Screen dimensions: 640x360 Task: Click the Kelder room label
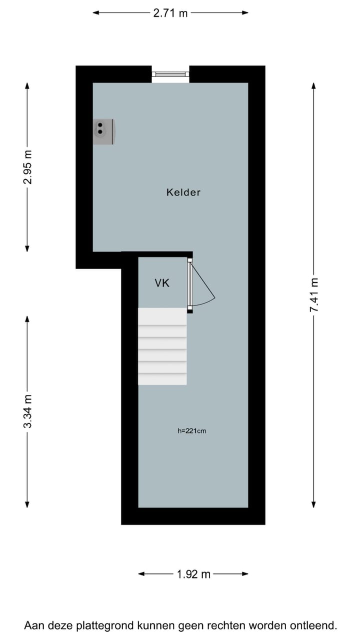pos(183,192)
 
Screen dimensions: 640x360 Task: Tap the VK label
pos(162,283)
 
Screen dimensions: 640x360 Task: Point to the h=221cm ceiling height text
pos(191,430)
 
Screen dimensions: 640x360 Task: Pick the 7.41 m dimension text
pos(313,295)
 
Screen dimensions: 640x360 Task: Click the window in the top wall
pos(170,74)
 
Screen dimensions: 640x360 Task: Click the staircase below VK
pos(162,346)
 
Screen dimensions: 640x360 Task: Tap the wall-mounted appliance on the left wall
pos(103,131)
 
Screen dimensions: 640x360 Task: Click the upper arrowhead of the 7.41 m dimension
pos(313,85)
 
